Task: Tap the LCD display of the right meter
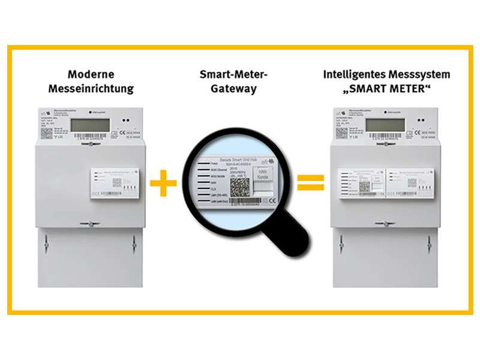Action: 385,125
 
